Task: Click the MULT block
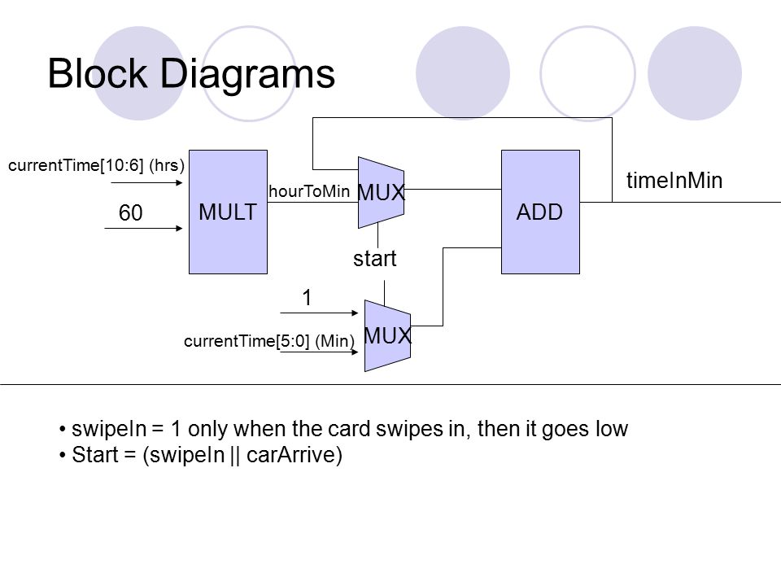coord(228,212)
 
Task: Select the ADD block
coord(540,212)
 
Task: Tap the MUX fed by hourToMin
coord(381,193)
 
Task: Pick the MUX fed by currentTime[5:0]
coord(387,335)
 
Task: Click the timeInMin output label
coord(674,181)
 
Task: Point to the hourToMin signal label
coord(309,191)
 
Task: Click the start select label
coord(374,259)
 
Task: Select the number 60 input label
coord(130,212)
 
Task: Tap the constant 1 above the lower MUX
coord(307,298)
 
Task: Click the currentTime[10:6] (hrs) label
coord(96,165)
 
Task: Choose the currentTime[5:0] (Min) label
coord(269,341)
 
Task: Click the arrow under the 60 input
coord(143,228)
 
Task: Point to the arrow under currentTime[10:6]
coord(146,183)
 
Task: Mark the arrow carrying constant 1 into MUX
coord(319,313)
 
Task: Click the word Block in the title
coord(98,73)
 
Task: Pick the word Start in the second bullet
coord(95,454)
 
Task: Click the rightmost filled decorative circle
coord(694,73)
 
